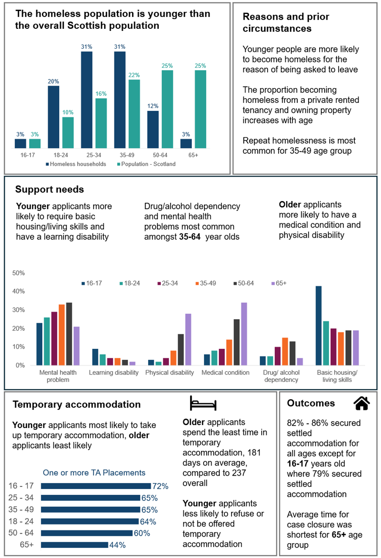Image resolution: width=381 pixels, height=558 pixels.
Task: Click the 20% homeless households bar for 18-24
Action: [x=54, y=117]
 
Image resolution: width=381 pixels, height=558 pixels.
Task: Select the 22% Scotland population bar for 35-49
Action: [x=134, y=114]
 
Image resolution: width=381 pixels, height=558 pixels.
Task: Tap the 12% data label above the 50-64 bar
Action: [x=153, y=106]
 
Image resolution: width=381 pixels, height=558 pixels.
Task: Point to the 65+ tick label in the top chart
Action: [x=193, y=155]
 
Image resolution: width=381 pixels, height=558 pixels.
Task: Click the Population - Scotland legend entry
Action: [x=146, y=164]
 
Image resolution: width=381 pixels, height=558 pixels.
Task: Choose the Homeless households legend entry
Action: [x=76, y=164]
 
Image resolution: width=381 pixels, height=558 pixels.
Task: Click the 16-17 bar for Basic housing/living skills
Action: [x=319, y=326]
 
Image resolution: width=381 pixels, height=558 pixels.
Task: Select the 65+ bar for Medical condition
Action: [x=244, y=334]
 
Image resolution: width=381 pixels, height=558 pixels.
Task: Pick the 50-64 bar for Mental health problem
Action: [x=69, y=334]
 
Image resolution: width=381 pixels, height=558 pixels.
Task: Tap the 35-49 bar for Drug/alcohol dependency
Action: [x=285, y=351]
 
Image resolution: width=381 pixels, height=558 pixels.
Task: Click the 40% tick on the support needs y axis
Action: [x=19, y=291]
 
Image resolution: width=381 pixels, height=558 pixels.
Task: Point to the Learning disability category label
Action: [x=113, y=373]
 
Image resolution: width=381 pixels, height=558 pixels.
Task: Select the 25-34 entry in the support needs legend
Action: [x=167, y=283]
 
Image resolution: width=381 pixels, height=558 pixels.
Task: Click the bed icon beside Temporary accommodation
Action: [x=203, y=403]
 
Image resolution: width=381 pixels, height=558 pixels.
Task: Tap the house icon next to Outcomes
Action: [x=361, y=403]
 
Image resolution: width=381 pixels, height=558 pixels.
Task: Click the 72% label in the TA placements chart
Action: [x=160, y=486]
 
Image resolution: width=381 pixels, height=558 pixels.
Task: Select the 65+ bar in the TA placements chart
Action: [x=75, y=545]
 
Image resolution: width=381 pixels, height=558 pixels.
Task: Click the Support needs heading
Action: [x=50, y=189]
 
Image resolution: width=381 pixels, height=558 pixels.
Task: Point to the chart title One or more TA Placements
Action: [x=94, y=473]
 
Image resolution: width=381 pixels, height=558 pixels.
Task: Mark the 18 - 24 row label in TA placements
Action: [x=21, y=521]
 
